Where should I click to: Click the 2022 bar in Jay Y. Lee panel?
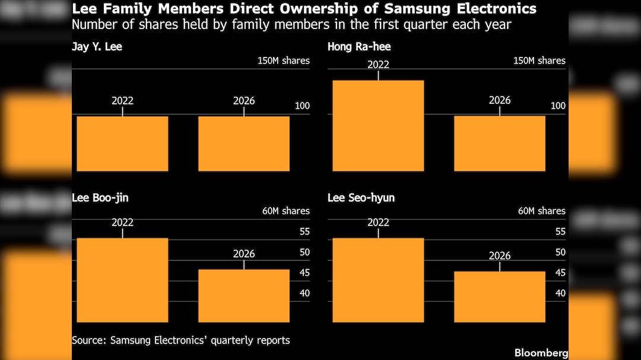(x=122, y=144)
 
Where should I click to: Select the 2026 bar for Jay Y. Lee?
(x=244, y=144)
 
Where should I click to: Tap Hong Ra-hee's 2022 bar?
(x=378, y=126)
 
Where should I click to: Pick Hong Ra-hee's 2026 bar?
(x=500, y=144)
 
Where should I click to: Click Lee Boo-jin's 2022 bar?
(x=122, y=280)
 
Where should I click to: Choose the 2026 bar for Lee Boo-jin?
(x=244, y=295)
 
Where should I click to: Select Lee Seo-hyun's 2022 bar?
(x=378, y=280)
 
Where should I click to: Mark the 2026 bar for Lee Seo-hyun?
(x=500, y=297)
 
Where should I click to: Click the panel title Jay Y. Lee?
(x=97, y=46)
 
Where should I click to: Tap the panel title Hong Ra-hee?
(x=359, y=46)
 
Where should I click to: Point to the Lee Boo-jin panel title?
(x=100, y=197)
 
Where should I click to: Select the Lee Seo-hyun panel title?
(x=361, y=197)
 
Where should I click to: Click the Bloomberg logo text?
(x=541, y=353)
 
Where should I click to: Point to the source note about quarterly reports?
(x=181, y=340)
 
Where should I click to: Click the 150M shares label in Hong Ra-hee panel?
(x=540, y=60)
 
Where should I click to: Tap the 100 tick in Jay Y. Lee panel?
(x=302, y=106)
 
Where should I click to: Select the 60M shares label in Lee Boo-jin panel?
(x=285, y=211)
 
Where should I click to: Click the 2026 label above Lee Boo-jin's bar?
(x=244, y=254)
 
